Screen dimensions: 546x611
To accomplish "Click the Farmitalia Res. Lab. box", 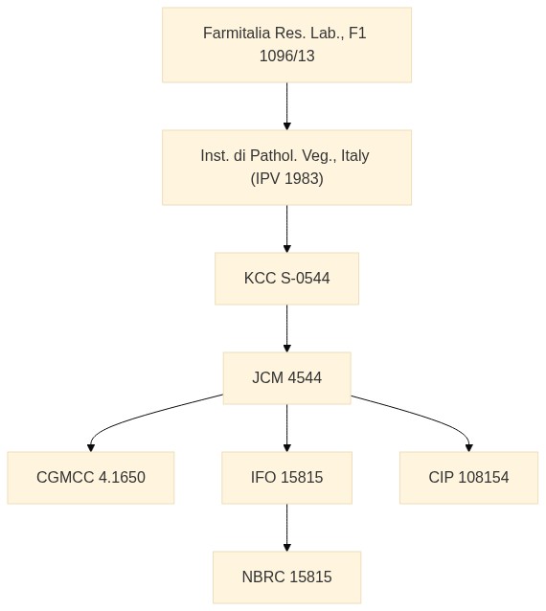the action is click(x=286, y=45).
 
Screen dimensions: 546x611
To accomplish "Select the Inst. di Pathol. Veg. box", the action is click(x=286, y=168).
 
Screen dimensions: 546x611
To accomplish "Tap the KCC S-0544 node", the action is click(x=286, y=279).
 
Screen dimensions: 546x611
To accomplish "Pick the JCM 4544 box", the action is click(x=286, y=378).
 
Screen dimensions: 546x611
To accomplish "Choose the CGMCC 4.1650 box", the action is click(x=91, y=478).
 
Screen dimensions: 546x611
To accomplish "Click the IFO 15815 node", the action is click(x=286, y=478).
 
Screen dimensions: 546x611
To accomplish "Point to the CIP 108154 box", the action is click(x=468, y=478).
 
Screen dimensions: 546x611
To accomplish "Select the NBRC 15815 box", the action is click(x=286, y=577).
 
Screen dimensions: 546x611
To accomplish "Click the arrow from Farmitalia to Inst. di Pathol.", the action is click(x=286, y=106).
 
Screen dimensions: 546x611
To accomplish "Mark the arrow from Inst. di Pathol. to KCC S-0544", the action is click(x=286, y=229).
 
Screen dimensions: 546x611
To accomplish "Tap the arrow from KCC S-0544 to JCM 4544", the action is click(x=286, y=328).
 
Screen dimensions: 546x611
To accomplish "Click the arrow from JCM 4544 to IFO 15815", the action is click(x=286, y=428).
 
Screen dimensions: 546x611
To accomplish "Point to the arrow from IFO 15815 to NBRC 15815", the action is click(x=286, y=528).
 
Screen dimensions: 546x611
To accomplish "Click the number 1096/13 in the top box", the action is click(x=286, y=57).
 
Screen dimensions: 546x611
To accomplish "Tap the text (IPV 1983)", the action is click(x=286, y=179).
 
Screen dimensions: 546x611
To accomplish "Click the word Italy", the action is click(x=355, y=156).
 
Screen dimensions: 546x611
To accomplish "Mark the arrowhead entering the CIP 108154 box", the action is click(x=469, y=448).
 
